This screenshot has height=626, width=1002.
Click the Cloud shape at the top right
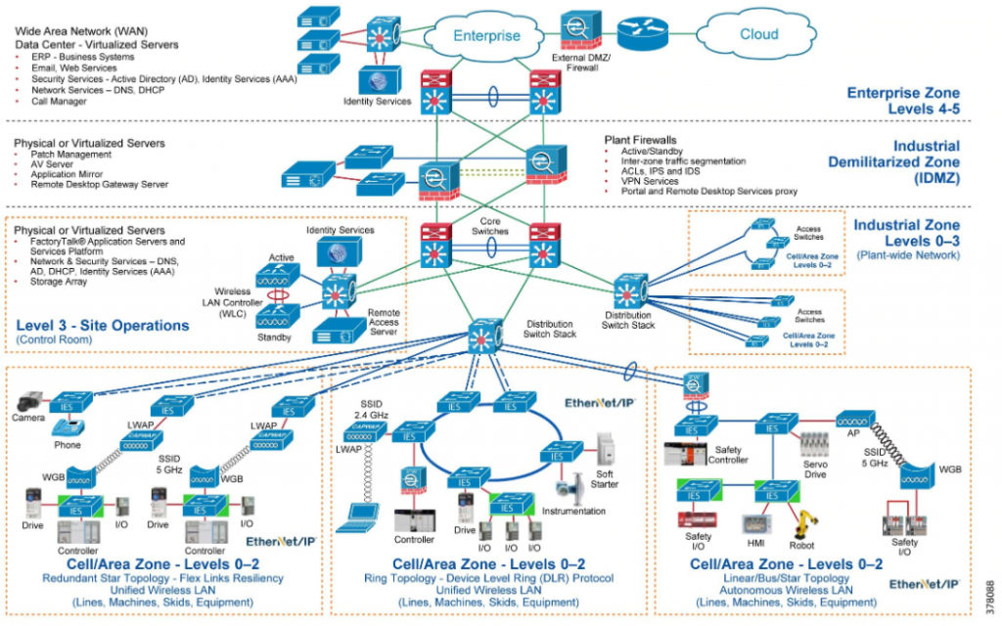coord(759,33)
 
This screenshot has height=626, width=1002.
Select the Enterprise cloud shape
coord(486,35)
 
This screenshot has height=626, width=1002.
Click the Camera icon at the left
coord(29,401)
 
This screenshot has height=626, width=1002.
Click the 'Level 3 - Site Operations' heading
coord(103,325)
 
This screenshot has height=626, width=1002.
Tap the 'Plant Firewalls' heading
coord(641,141)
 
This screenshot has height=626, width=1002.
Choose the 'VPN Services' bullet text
coord(649,181)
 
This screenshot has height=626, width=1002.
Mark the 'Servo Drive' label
coord(814,469)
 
